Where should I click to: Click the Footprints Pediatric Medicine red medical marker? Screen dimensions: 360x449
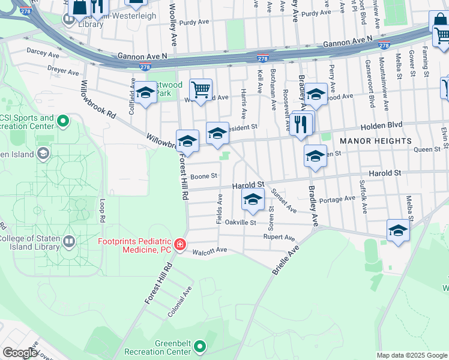(179, 245)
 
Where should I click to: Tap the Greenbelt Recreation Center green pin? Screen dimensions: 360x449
(200, 347)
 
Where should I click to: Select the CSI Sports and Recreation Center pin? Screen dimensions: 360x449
(62, 123)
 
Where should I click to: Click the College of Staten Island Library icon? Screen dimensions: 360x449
(69, 242)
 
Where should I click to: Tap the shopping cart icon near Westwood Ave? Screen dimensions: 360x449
(200, 90)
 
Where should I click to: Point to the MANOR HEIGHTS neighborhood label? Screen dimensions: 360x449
(376, 141)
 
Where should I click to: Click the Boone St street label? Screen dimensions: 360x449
(202, 176)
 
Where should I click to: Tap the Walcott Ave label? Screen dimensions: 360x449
(209, 250)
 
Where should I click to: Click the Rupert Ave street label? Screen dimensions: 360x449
(279, 238)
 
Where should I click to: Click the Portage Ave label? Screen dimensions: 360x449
(337, 199)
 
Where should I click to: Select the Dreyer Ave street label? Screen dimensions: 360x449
(64, 72)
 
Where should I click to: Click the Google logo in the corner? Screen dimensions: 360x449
(20, 353)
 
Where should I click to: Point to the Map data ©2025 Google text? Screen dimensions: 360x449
(411, 355)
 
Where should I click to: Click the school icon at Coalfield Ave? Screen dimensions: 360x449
(145, 93)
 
